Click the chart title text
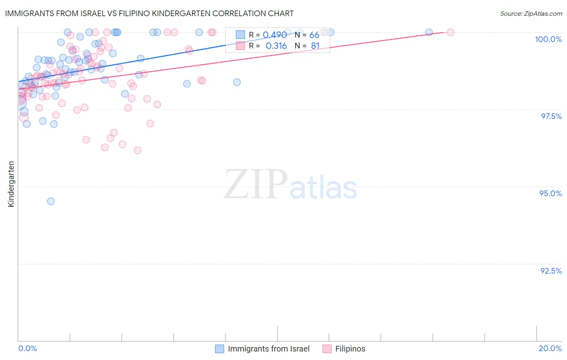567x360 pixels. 150,13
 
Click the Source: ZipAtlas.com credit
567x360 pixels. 531,13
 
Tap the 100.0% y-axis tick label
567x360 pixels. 548,39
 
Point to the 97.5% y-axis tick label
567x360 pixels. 551,116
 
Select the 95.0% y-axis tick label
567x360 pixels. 550,193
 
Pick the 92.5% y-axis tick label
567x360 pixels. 551,271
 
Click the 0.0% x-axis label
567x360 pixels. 27,348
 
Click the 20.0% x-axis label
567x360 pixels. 550,348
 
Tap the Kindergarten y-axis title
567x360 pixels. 11,184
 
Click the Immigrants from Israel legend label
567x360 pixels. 269,349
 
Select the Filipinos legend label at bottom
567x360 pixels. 350,349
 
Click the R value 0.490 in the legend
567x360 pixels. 275,35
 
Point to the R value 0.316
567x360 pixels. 276,46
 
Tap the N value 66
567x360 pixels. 314,35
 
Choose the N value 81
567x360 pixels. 315,46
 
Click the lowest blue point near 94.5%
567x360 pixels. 51,201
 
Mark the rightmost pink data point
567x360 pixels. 450,32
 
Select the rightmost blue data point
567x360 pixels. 429,32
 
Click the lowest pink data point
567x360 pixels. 138,150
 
